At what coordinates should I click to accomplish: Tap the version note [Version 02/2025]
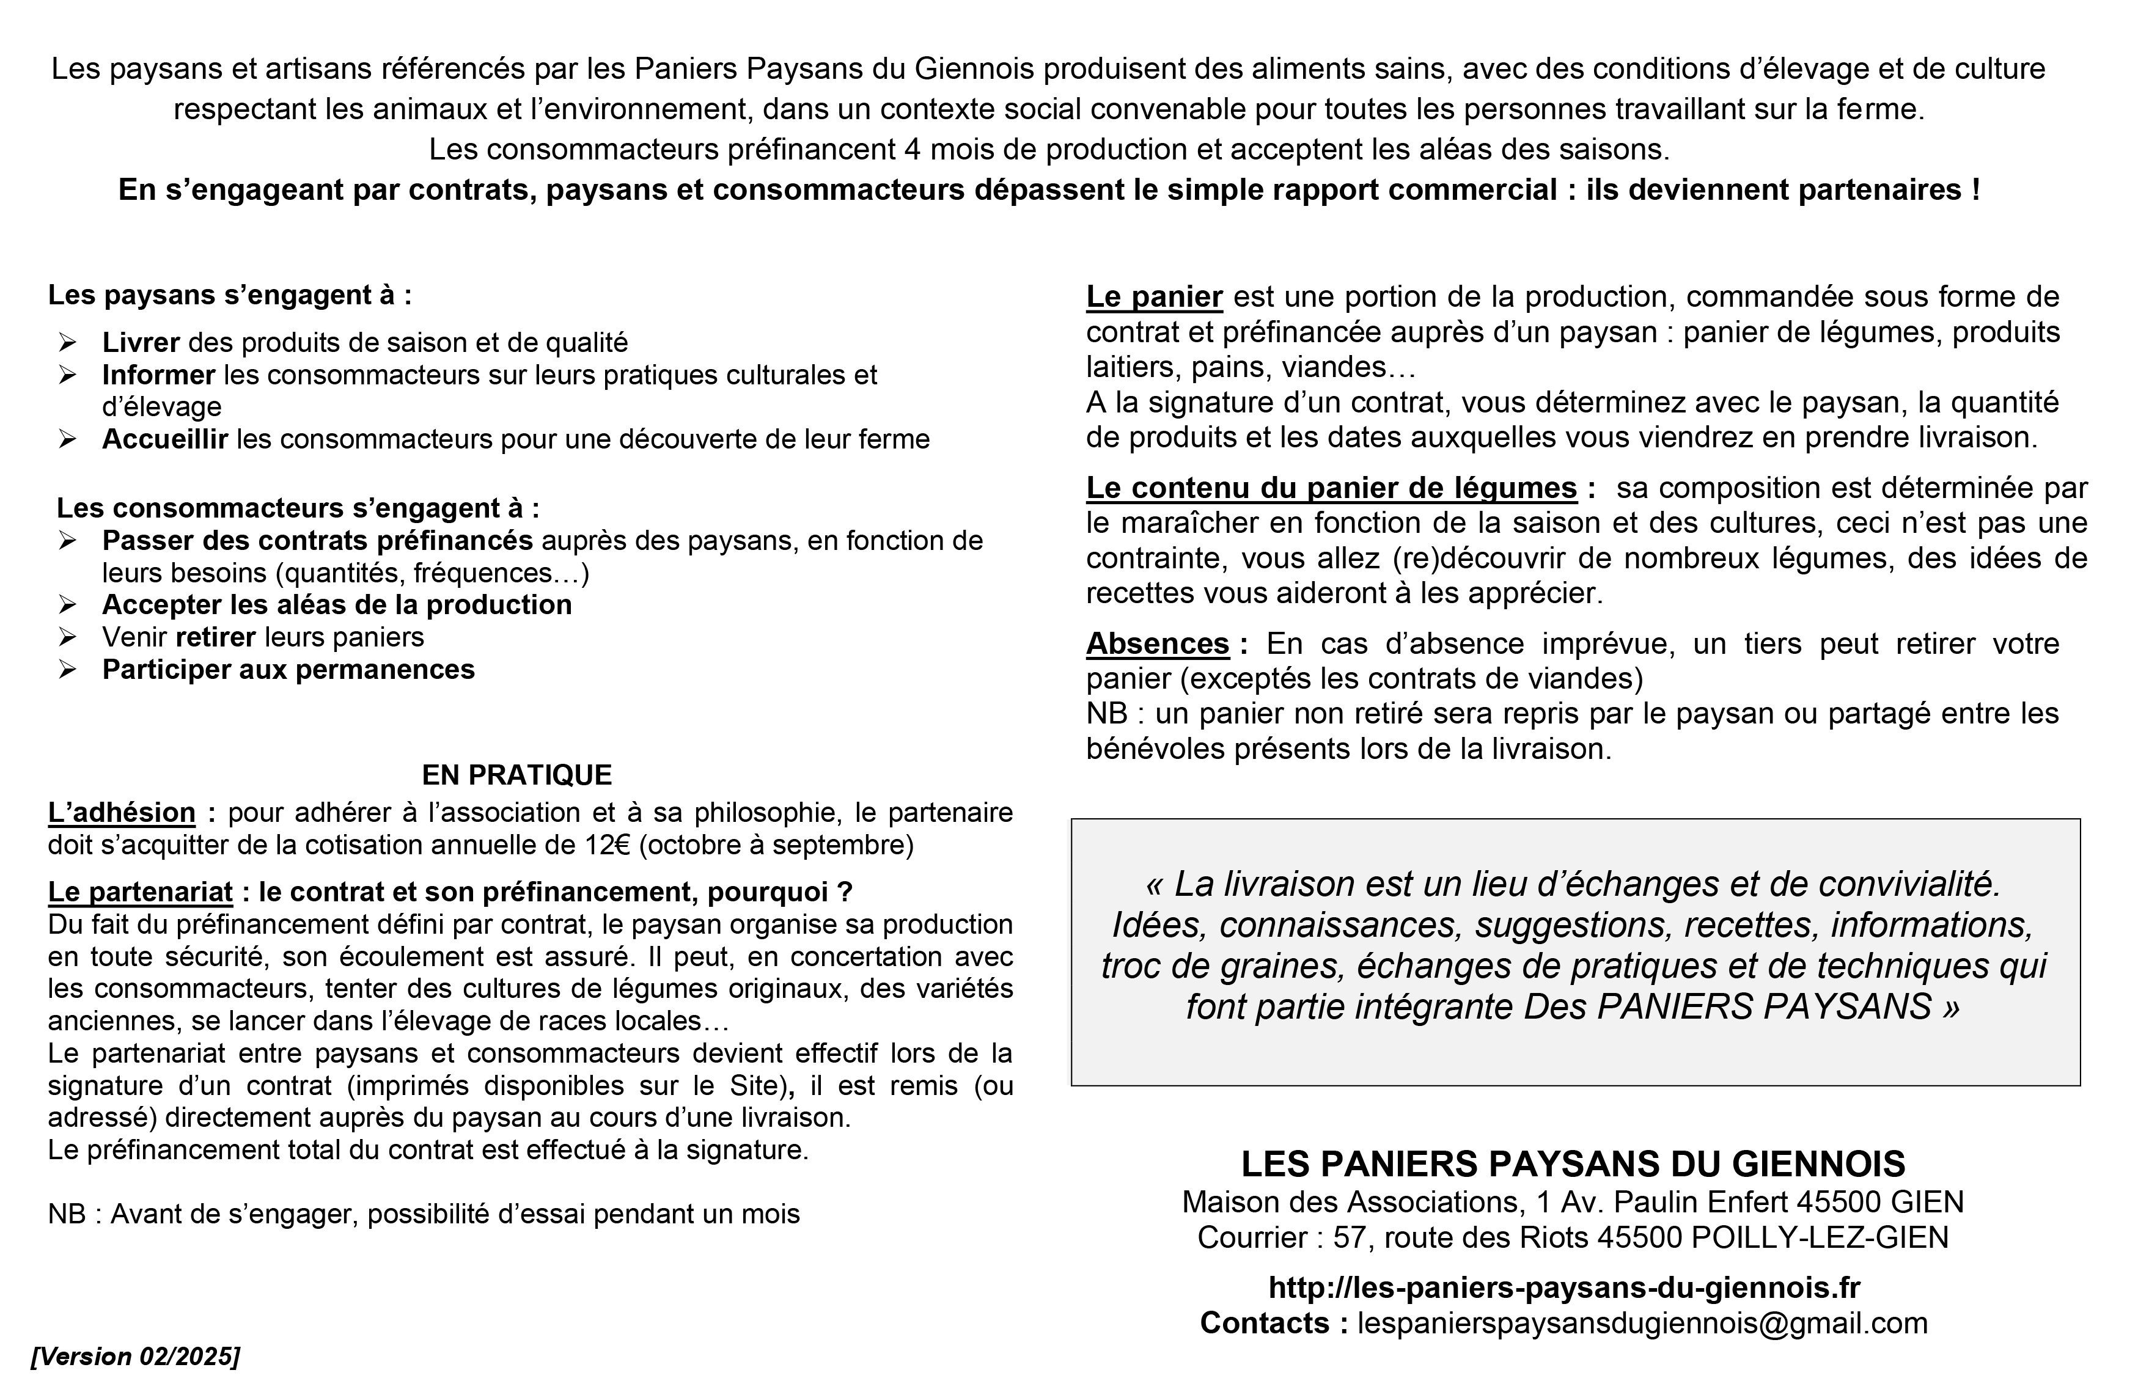(136, 1356)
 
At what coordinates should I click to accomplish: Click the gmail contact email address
(1642, 1323)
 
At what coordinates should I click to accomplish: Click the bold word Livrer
(141, 342)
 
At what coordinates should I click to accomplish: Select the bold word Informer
(158, 375)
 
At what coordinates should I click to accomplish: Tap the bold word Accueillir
(165, 439)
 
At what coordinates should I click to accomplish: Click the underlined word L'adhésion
(121, 813)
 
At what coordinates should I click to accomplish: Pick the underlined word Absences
(1157, 644)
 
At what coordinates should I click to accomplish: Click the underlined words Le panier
(1155, 296)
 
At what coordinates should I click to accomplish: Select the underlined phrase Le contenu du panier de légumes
(1331, 488)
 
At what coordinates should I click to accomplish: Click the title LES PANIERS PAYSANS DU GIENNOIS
(1573, 1164)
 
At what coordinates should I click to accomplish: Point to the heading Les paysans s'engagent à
(230, 296)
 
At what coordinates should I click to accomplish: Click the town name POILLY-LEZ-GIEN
(1820, 1237)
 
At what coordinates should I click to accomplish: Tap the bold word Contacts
(1273, 1323)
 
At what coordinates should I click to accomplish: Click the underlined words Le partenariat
(140, 892)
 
